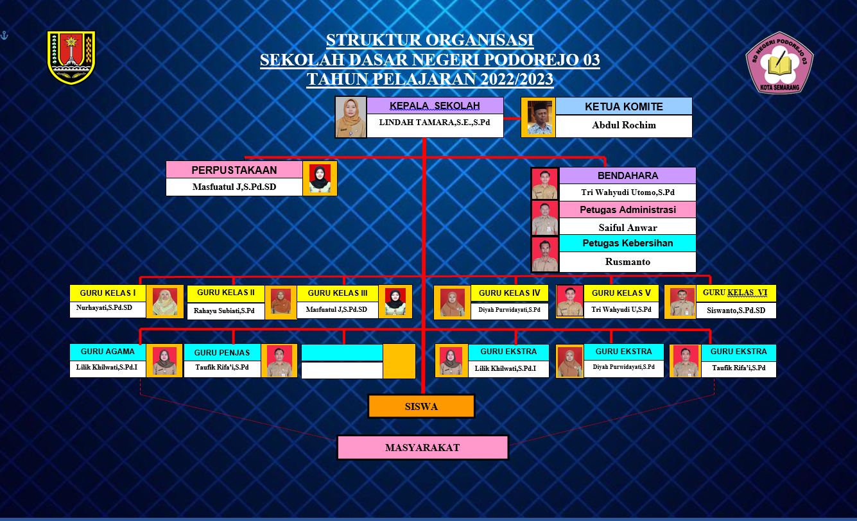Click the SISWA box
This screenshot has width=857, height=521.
click(421, 406)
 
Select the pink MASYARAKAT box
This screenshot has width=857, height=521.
click(422, 447)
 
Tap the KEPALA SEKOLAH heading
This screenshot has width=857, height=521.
click(435, 106)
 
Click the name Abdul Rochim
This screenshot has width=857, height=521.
click(623, 126)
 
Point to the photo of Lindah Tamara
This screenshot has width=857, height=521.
click(351, 117)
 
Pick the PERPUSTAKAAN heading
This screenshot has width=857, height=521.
click(234, 170)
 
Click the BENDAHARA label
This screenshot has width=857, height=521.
click(627, 175)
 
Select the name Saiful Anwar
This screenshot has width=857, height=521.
click(627, 227)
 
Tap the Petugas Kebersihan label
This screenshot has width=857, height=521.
click(627, 243)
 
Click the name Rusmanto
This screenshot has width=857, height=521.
click(627, 262)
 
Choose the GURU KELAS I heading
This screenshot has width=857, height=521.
click(108, 293)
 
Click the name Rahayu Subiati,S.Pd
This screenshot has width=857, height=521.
click(225, 311)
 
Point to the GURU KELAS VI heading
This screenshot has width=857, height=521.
click(735, 293)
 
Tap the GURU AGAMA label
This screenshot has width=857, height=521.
click(108, 352)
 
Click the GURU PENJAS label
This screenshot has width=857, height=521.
click(222, 352)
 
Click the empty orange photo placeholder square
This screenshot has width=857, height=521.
click(399, 361)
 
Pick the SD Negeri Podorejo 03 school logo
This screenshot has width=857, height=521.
click(779, 63)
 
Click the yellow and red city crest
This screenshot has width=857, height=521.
click(71, 57)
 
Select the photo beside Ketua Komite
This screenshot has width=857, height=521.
click(538, 117)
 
